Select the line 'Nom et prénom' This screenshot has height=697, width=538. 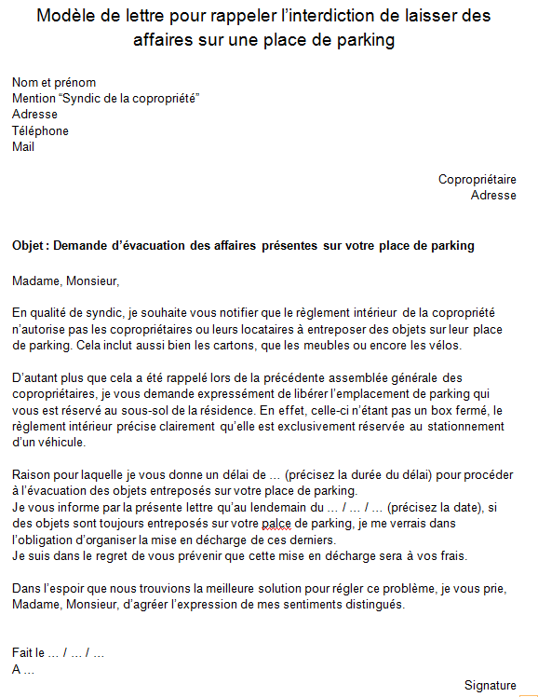pyautogui.click(x=54, y=83)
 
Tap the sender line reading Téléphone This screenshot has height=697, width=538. pyautogui.click(x=40, y=130)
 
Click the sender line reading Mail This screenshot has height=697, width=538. pyautogui.click(x=23, y=146)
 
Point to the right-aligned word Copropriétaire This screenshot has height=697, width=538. pyautogui.click(x=477, y=179)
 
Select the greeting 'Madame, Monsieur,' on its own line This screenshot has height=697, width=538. pyautogui.click(x=66, y=280)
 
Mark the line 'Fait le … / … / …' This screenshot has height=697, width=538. pyautogui.click(x=58, y=653)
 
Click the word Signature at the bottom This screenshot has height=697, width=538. pyautogui.click(x=491, y=686)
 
